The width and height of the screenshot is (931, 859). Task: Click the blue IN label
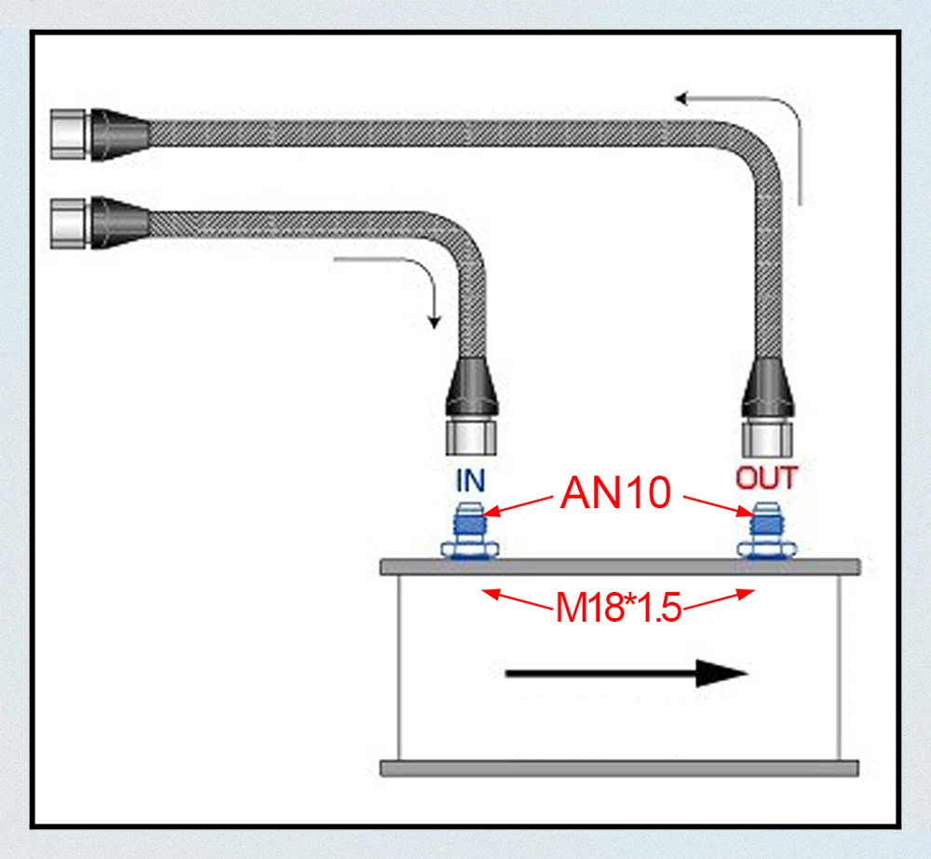coord(470,481)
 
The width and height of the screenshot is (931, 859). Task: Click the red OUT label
coord(767,478)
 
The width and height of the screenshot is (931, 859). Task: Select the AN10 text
coord(615,494)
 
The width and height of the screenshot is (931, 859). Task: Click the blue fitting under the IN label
coord(470,530)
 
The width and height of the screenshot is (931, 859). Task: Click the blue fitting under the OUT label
coord(766,530)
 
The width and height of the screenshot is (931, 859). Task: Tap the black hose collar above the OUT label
coord(767,388)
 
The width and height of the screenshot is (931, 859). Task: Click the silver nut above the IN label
coord(471,434)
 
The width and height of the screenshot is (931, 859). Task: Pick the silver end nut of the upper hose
coord(70,132)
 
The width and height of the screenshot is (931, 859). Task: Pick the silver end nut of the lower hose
coord(70,221)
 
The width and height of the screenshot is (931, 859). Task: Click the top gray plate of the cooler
coord(619,566)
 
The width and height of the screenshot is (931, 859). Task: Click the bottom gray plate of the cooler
coord(619,769)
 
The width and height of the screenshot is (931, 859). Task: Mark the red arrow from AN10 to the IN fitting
coord(520,505)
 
